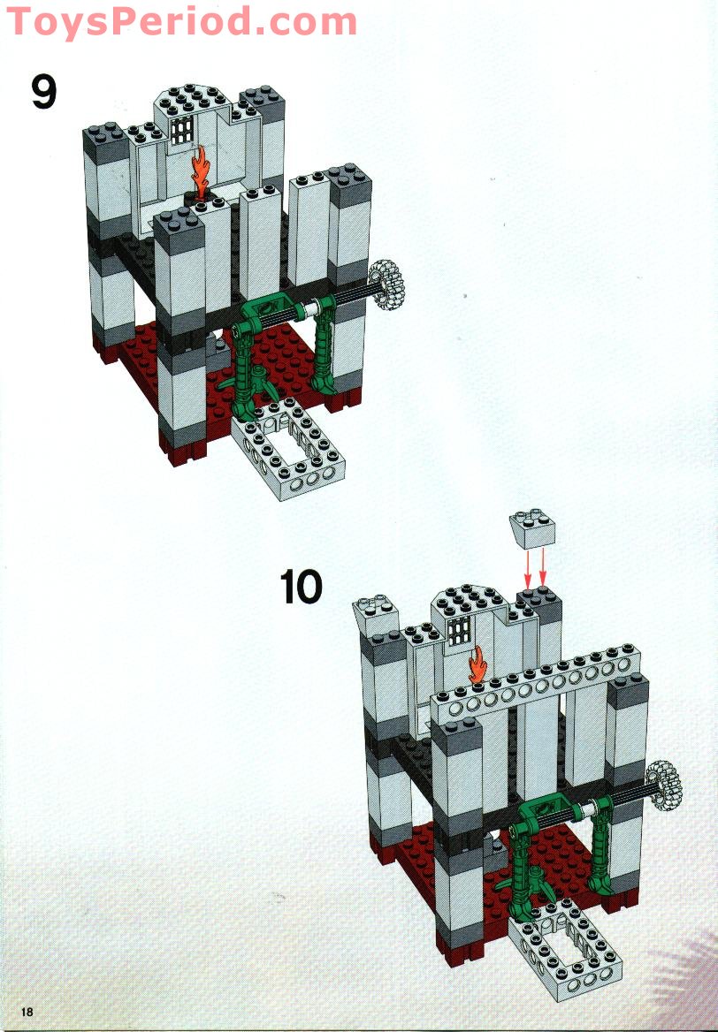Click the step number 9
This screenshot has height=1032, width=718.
(x=44, y=92)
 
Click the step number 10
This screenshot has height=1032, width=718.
(x=302, y=588)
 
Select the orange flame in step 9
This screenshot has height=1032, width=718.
(x=202, y=171)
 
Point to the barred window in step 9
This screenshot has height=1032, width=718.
(x=183, y=131)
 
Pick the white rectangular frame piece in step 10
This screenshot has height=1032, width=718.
(x=564, y=954)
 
